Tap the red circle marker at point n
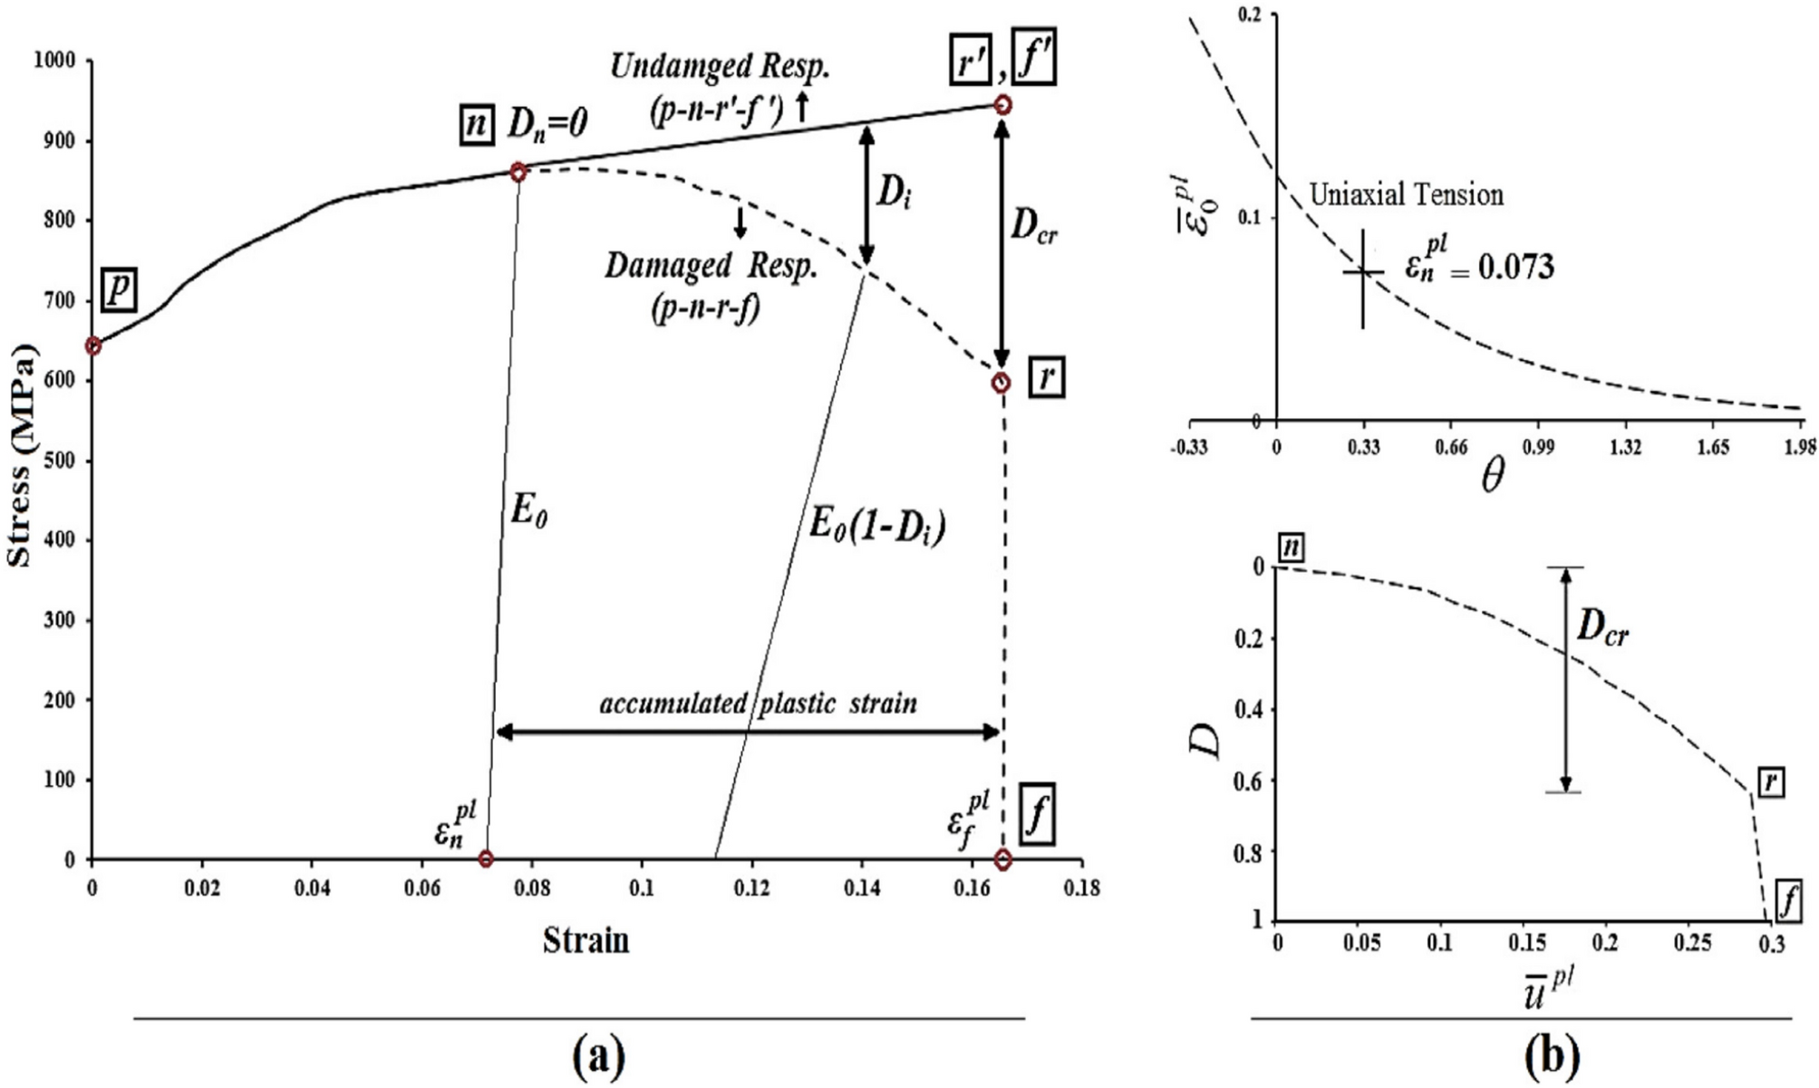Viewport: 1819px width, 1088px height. (x=518, y=172)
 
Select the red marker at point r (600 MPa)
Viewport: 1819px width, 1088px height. (x=1001, y=383)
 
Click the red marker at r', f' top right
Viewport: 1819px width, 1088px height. (x=1002, y=105)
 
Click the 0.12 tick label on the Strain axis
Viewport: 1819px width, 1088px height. (x=751, y=888)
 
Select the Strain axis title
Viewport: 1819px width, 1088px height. (x=585, y=940)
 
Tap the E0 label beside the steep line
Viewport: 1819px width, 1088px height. (x=528, y=512)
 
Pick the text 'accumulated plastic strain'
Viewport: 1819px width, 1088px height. (x=758, y=704)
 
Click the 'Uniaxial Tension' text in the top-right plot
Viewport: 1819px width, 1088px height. (x=1406, y=195)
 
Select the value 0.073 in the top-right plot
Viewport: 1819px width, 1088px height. (x=1515, y=267)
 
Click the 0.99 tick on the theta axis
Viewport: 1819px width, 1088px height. (x=1537, y=447)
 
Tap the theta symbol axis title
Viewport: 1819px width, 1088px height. (x=1492, y=476)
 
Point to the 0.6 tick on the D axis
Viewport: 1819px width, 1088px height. (x=1251, y=780)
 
